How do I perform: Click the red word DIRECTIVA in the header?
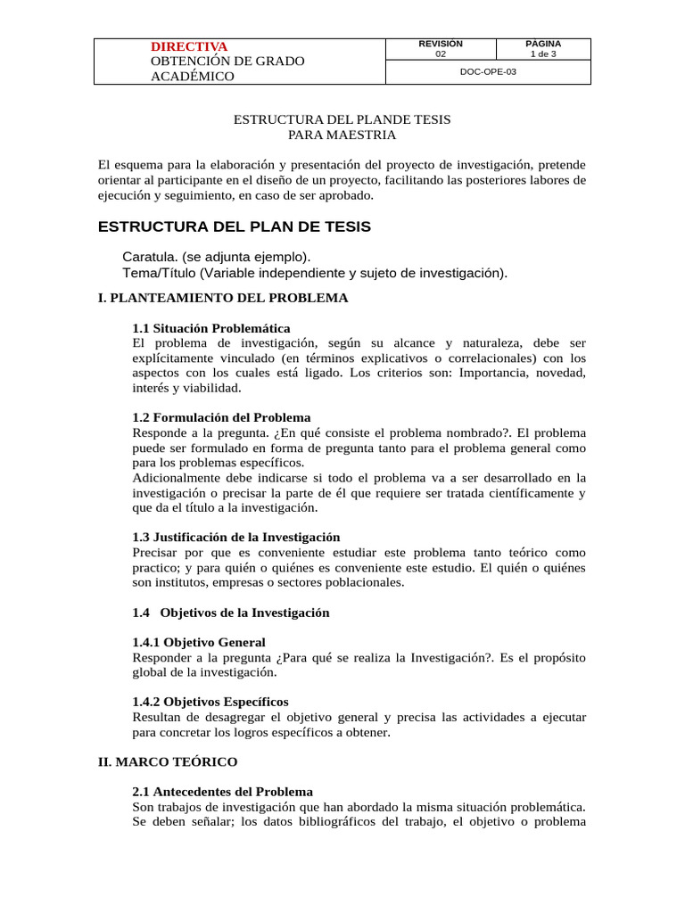click(189, 46)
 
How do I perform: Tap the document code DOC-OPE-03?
click(488, 73)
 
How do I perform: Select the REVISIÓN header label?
click(441, 44)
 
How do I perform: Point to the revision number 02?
click(441, 54)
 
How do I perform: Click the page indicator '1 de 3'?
click(543, 54)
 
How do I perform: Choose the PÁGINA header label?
click(543, 44)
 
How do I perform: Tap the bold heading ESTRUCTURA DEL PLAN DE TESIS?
click(234, 226)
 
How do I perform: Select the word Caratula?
click(149, 256)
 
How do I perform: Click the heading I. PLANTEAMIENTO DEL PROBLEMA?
click(223, 298)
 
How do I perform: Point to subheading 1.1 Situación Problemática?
click(210, 328)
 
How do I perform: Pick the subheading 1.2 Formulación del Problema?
click(221, 417)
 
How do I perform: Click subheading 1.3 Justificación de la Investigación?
click(236, 538)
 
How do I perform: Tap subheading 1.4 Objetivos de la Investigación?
click(231, 613)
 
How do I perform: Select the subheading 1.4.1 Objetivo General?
click(198, 642)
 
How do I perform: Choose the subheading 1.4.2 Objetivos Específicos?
click(210, 702)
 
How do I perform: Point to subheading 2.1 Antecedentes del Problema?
click(222, 792)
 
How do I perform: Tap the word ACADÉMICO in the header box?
click(193, 77)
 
